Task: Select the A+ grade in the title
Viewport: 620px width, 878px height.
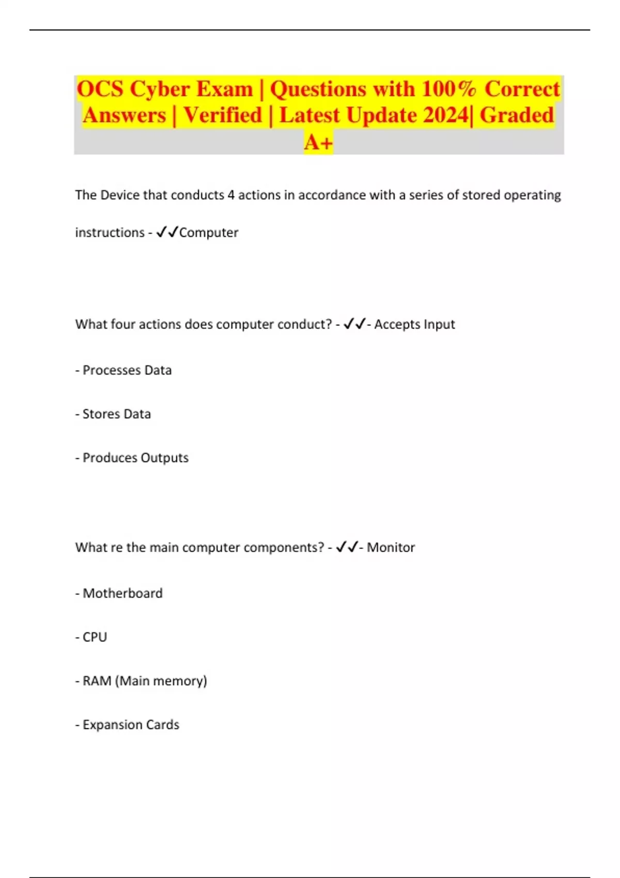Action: point(318,142)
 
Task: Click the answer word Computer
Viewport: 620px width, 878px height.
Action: point(209,232)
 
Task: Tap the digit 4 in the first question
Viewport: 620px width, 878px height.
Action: point(231,195)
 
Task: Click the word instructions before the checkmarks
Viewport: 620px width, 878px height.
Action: point(110,232)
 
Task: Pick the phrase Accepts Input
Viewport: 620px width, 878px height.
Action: point(414,324)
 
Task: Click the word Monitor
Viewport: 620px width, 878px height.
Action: point(391,547)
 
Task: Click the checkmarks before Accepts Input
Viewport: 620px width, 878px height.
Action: point(354,324)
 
